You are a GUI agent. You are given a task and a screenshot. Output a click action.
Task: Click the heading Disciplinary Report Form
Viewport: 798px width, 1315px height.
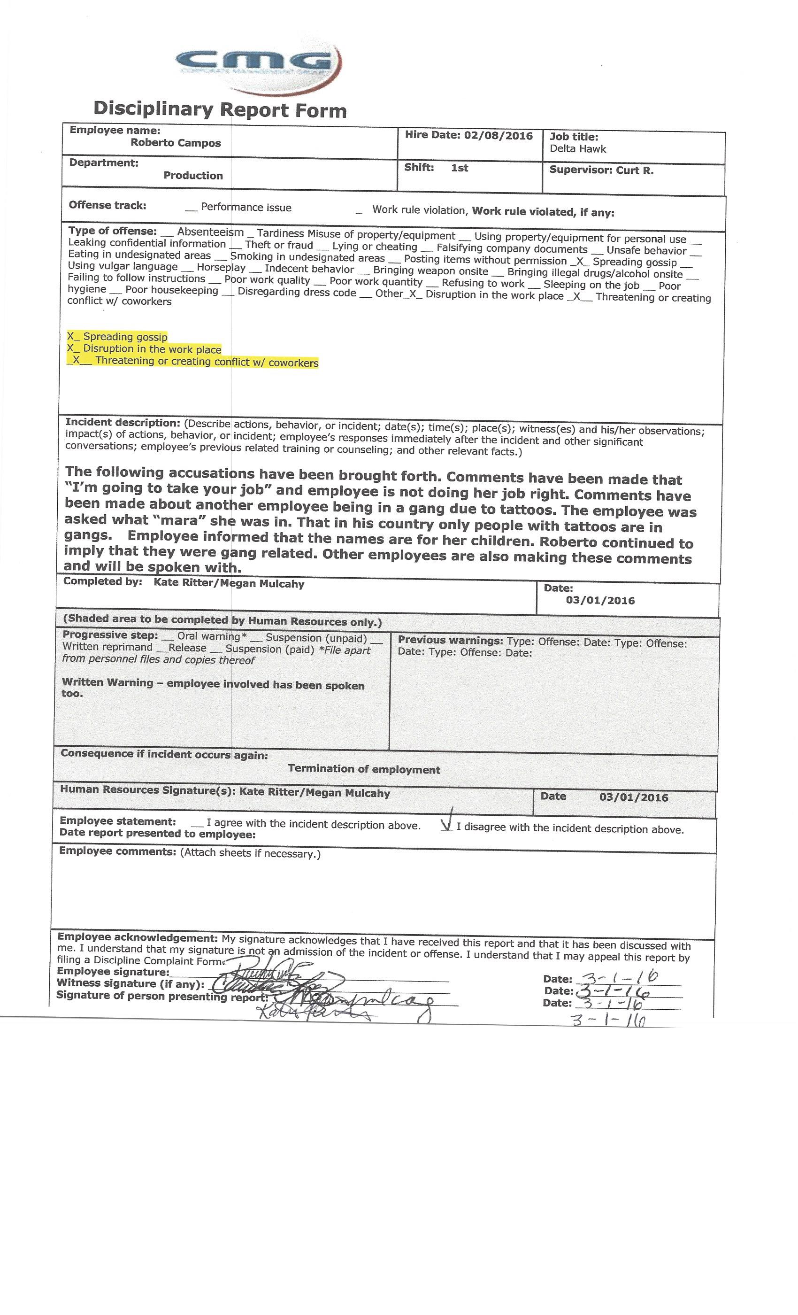tap(220, 109)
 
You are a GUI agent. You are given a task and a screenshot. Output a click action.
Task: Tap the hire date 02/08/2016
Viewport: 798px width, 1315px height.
tap(498, 136)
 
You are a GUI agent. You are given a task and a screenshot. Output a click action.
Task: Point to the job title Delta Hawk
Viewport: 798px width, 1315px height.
tap(578, 149)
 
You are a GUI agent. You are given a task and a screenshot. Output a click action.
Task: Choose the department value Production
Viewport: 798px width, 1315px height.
tap(193, 176)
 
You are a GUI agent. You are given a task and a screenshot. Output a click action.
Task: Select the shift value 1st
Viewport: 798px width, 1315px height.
tap(459, 168)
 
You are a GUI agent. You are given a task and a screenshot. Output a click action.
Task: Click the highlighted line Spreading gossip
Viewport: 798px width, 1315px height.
tap(117, 337)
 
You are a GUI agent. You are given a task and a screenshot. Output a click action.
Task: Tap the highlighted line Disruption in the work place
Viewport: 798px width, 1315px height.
tap(144, 349)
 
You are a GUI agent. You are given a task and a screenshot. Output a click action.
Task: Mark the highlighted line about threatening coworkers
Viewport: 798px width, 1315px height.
tap(193, 362)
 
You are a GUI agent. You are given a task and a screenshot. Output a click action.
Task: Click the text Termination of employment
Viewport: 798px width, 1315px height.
tap(364, 769)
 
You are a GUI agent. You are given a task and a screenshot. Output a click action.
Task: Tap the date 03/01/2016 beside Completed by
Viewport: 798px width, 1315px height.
tap(600, 600)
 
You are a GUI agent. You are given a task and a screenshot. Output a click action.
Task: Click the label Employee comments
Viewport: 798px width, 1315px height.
tap(117, 851)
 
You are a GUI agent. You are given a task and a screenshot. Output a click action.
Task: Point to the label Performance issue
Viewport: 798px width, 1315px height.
tap(246, 208)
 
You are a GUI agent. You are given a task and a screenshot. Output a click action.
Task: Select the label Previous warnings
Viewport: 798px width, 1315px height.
tap(450, 641)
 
